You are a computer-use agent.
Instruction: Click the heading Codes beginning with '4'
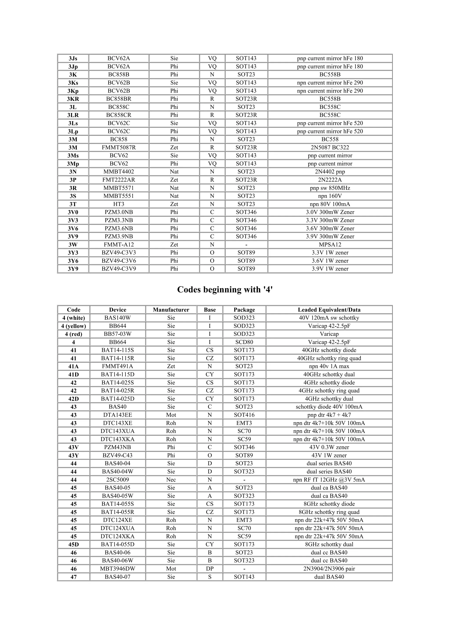pos(225,290)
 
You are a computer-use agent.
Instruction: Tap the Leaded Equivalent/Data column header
pos(329,310)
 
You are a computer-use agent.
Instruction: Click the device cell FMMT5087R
pos(119,147)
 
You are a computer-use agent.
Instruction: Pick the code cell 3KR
pos(73,99)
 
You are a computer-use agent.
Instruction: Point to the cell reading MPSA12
pos(330,245)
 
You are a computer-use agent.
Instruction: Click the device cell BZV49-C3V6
pos(119,261)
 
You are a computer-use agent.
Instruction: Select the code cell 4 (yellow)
pos(73,326)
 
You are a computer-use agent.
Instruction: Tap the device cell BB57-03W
pos(118,334)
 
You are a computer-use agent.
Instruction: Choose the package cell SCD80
pos(244,342)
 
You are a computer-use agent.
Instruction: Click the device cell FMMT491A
pos(118,366)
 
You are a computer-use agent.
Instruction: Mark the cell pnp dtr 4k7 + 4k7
pos(329,415)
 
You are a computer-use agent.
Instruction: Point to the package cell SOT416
pos(244,415)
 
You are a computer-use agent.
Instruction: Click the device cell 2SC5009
pos(118,480)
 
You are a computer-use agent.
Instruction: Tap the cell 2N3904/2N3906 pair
pos(329,569)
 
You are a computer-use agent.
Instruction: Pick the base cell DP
pos(210,569)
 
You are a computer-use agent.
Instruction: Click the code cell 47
pos(73,577)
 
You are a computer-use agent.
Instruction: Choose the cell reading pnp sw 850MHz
pos(330,188)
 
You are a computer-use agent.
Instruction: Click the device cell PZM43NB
pos(118,447)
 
